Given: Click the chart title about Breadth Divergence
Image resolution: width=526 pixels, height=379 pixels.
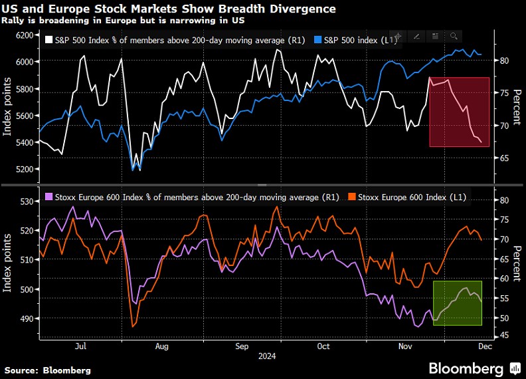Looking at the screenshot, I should [x=169, y=9].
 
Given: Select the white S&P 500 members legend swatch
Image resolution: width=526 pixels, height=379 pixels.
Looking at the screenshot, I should [x=48, y=41].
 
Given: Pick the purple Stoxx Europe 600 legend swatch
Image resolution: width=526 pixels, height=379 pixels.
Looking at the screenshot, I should [x=48, y=197].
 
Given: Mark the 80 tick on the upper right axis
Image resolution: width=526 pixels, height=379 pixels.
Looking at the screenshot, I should [x=504, y=61].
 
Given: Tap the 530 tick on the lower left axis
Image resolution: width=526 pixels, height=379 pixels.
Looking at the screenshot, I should [x=27, y=201].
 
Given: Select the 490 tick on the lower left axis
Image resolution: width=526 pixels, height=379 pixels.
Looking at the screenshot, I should [x=27, y=319].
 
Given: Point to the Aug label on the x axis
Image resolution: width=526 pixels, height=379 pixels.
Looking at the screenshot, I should [x=161, y=346].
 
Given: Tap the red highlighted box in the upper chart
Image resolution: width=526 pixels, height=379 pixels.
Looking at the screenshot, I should [x=460, y=112].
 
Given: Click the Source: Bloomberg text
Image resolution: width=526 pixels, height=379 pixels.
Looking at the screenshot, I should [x=48, y=370].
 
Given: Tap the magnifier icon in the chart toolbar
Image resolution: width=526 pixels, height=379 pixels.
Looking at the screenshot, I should [x=454, y=36].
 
